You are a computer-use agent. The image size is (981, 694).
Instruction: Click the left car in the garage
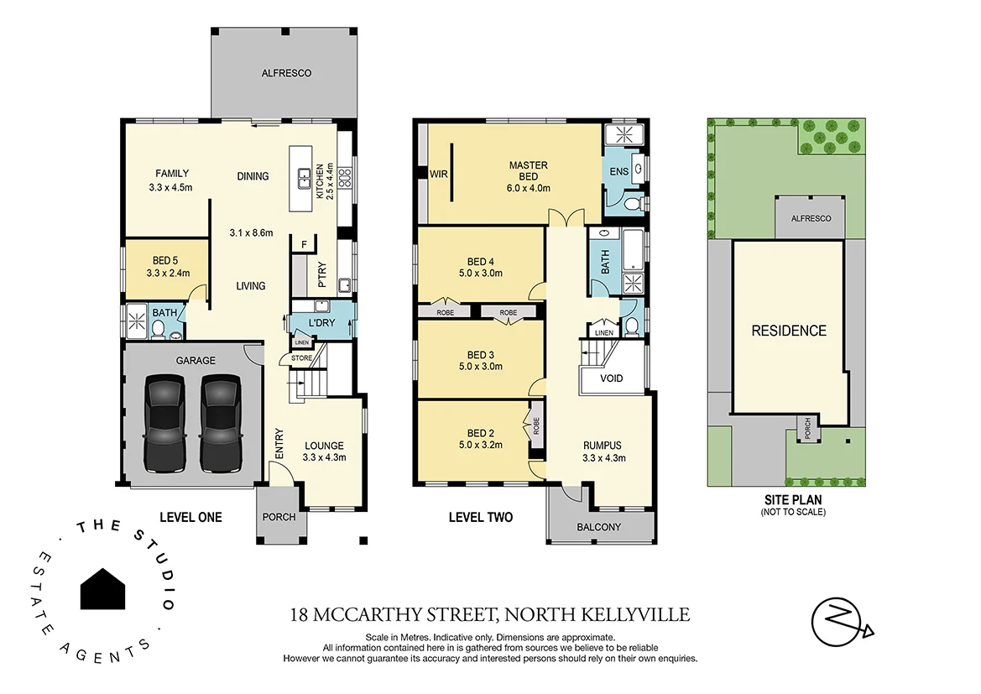[166, 424]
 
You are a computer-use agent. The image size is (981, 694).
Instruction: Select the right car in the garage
[222, 424]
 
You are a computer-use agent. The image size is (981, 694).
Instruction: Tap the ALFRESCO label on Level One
[286, 73]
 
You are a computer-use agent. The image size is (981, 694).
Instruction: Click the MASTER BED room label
[529, 170]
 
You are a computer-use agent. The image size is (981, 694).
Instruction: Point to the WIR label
[439, 175]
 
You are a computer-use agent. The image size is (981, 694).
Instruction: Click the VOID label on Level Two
[612, 378]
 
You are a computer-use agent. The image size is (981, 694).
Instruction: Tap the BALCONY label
[600, 527]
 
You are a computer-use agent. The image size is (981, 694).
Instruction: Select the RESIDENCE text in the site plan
[788, 331]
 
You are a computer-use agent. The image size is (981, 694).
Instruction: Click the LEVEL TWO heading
[481, 517]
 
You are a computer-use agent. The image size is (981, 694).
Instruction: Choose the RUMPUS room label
[603, 446]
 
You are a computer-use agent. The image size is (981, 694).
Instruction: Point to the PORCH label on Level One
[279, 517]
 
